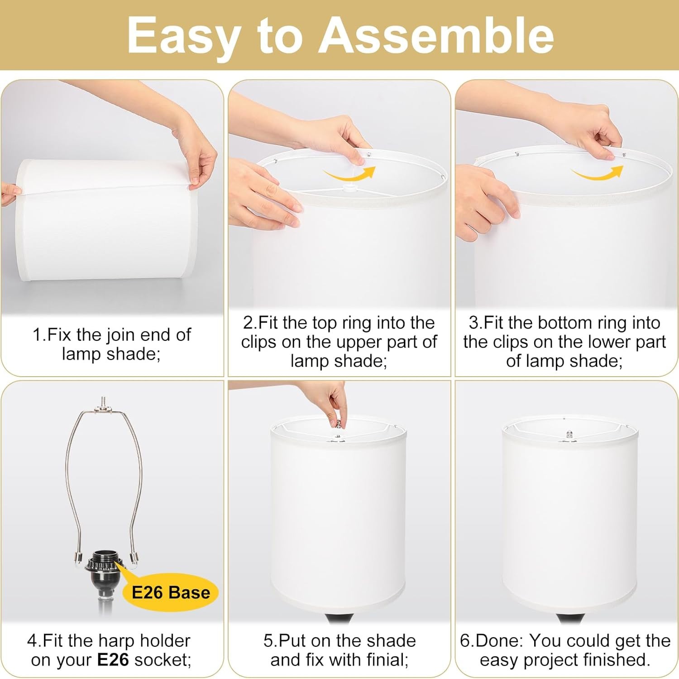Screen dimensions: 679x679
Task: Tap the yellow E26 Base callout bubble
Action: point(171,592)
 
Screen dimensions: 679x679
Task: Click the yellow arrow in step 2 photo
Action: point(350,174)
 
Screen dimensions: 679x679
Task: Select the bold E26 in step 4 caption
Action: point(113,660)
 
